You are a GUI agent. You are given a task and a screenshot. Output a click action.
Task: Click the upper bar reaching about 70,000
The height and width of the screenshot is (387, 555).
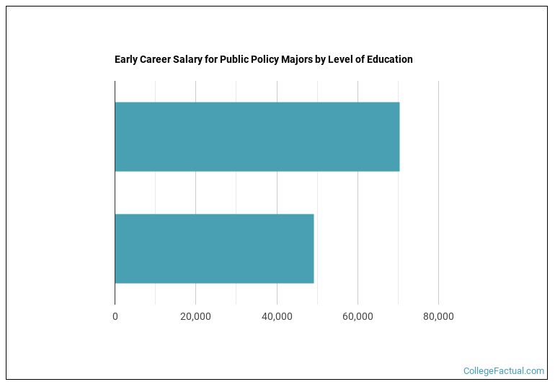tap(257, 136)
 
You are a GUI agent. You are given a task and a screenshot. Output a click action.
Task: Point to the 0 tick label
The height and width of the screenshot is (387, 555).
tap(115, 316)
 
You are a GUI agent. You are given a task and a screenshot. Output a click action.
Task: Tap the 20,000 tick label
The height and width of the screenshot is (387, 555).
tap(195, 316)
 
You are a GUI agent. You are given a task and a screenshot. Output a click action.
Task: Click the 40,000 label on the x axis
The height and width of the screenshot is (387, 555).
tap(277, 316)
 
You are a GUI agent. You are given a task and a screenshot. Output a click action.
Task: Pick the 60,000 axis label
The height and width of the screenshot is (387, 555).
tap(358, 316)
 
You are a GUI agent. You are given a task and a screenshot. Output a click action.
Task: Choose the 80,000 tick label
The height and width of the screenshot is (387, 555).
tap(438, 316)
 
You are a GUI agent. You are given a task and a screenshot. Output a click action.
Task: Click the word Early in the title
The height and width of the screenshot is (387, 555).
tap(126, 59)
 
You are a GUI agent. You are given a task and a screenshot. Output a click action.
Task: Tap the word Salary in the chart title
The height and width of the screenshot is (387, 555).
tap(188, 59)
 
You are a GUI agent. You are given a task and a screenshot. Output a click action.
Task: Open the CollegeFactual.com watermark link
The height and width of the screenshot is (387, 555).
tap(504, 371)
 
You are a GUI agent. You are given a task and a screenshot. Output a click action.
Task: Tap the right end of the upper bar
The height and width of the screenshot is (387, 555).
tap(399, 136)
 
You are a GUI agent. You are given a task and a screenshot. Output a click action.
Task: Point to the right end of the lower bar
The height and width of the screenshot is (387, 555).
tap(314, 248)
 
